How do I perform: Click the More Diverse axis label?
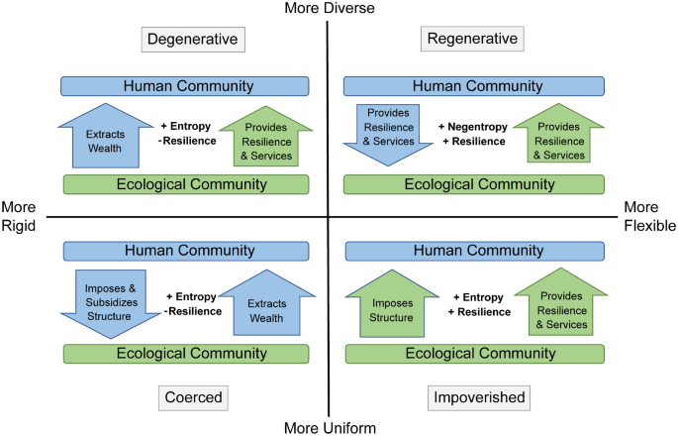coord(328,9)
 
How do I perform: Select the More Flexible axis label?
coord(649,217)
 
